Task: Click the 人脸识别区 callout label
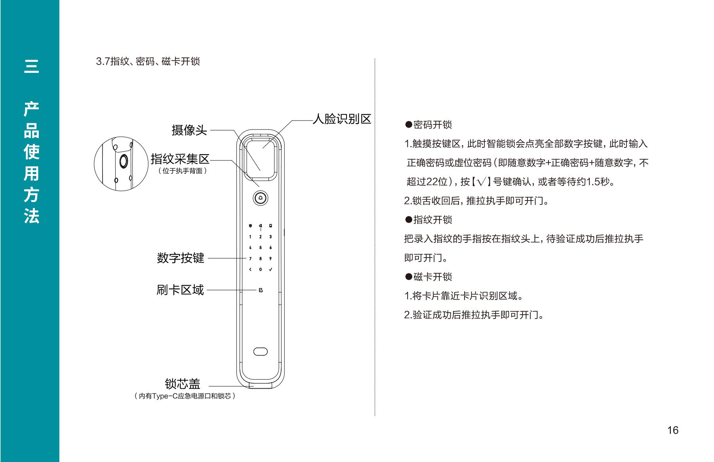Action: (x=342, y=119)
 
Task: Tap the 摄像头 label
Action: (x=189, y=130)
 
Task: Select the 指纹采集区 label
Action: (x=180, y=159)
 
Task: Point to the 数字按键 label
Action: (x=181, y=258)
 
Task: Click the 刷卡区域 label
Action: (x=180, y=290)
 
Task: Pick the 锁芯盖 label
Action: (x=183, y=384)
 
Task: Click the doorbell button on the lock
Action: (x=260, y=198)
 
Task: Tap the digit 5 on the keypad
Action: (x=260, y=248)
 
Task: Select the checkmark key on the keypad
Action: (x=270, y=269)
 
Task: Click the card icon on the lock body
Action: (x=260, y=290)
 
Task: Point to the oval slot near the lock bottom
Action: (x=260, y=351)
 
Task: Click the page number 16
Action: (x=673, y=430)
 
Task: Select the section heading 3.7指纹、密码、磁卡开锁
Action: (x=148, y=61)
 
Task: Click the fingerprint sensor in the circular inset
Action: (x=123, y=161)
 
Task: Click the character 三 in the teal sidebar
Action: (x=31, y=66)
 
